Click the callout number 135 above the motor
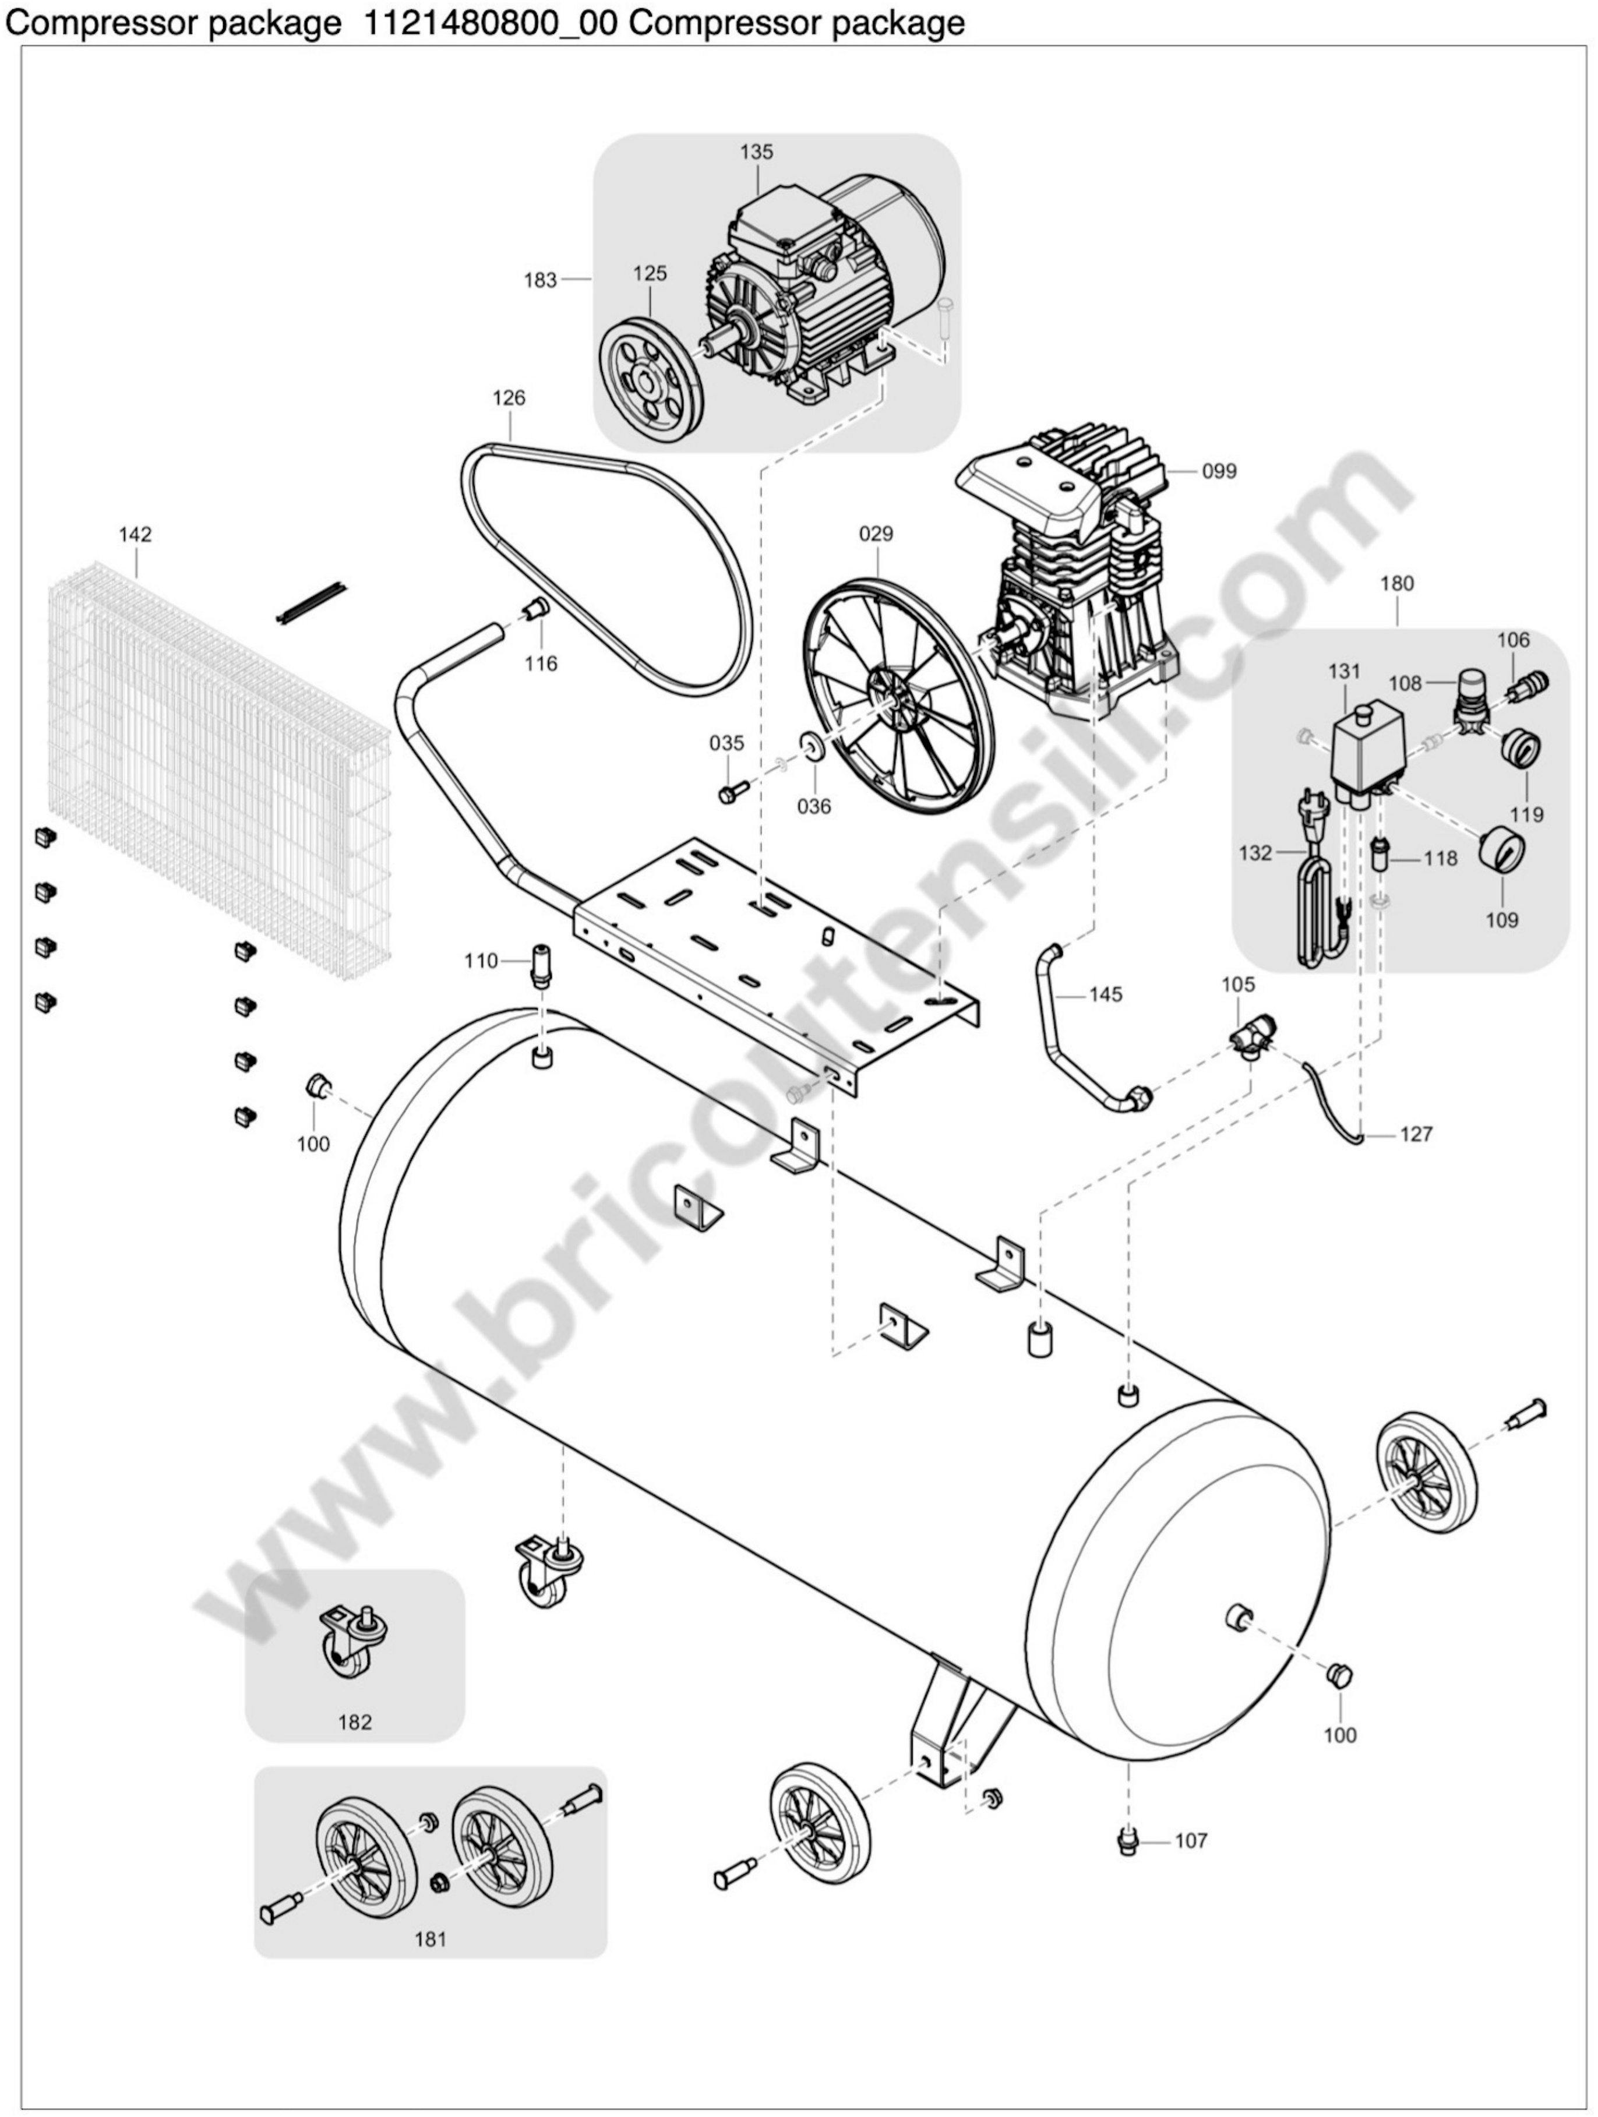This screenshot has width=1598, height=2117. (x=756, y=151)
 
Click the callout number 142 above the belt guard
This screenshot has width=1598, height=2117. (x=135, y=534)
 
